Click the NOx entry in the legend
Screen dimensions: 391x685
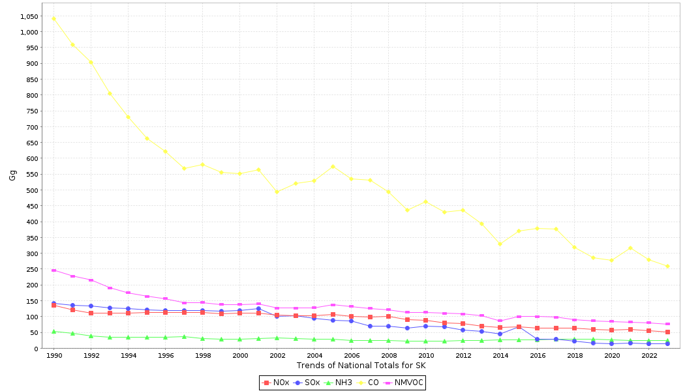point(276,383)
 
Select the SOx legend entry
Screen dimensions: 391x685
point(307,383)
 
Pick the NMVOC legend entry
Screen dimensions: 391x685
point(404,383)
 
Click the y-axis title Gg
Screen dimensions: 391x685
point(12,175)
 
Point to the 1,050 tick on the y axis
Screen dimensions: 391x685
point(28,16)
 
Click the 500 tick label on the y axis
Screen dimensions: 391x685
point(31,190)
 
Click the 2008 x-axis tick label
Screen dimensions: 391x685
point(389,356)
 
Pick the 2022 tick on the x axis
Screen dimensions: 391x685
point(649,356)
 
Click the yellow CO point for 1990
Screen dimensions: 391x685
point(53,18)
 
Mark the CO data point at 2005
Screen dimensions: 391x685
point(333,166)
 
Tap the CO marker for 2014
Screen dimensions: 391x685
point(500,244)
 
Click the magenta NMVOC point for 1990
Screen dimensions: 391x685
point(53,270)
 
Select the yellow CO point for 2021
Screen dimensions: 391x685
point(630,248)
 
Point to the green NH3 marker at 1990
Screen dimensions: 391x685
point(53,331)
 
